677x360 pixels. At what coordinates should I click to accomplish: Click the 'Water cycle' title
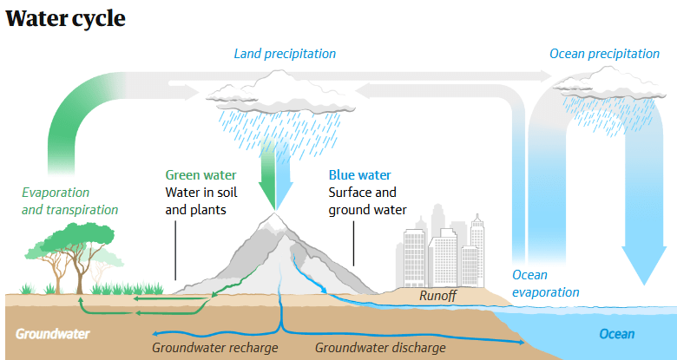[65, 18]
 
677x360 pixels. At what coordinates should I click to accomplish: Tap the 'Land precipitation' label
[285, 54]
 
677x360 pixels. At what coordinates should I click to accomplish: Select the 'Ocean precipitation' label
[604, 54]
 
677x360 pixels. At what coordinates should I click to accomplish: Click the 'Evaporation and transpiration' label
[70, 200]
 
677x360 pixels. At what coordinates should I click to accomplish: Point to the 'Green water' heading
[200, 175]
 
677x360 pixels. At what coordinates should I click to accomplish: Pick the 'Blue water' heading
[359, 175]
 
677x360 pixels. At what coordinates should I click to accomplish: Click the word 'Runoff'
[437, 296]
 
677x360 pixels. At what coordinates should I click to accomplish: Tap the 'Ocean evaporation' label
[545, 284]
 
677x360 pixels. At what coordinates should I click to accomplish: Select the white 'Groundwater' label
[53, 334]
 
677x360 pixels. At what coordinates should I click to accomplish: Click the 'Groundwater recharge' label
[214, 348]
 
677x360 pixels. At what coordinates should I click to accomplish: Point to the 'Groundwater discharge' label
[380, 348]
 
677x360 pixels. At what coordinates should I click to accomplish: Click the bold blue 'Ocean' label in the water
[616, 334]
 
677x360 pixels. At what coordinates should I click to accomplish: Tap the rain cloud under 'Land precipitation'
[280, 93]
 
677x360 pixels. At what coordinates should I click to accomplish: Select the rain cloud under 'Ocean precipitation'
[608, 84]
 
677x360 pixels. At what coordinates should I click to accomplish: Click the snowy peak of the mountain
[274, 220]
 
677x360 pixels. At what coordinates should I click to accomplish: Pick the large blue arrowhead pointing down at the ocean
[644, 265]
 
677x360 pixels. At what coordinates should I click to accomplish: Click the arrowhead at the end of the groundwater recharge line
[155, 333]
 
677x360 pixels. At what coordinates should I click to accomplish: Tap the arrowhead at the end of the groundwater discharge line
[521, 343]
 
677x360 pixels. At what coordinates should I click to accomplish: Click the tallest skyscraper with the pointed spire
[477, 251]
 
